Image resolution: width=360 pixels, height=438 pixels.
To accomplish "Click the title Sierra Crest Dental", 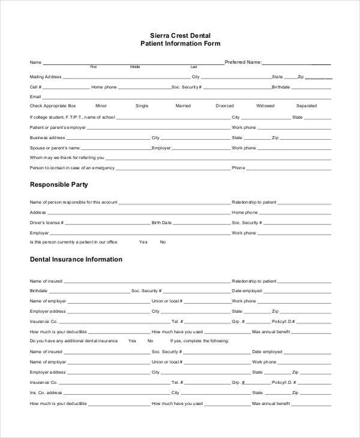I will point(180,35).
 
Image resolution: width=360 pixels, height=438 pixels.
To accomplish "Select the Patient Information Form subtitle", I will point(180,44).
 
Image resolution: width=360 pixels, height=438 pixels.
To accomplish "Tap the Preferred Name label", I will point(242,62).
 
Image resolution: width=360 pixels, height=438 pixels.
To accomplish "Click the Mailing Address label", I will point(46,77).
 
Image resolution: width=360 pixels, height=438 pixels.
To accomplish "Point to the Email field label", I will point(35,97).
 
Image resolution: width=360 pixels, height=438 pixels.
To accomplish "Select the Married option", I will point(183,106).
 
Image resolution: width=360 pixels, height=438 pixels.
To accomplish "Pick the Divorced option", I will point(224,106).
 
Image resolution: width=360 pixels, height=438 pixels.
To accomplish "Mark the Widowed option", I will point(265,106).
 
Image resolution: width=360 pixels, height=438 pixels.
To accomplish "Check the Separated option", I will point(306,106).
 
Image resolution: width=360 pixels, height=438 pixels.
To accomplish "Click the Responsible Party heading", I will point(59,185).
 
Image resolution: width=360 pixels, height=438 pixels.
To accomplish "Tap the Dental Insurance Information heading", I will point(76,260).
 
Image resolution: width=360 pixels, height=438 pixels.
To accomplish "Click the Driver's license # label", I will point(47,223).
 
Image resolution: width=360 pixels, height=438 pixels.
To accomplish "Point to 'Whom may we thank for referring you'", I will point(67,158).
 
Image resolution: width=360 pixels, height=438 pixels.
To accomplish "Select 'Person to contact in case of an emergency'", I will point(72,168).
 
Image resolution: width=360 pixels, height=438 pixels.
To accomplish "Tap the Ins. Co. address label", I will point(46,392).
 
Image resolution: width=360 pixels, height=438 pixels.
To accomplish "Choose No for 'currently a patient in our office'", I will point(163,242).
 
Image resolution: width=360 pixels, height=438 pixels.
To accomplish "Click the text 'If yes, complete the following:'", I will point(203,341).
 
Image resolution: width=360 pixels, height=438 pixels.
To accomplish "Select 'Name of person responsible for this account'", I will point(73,202).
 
